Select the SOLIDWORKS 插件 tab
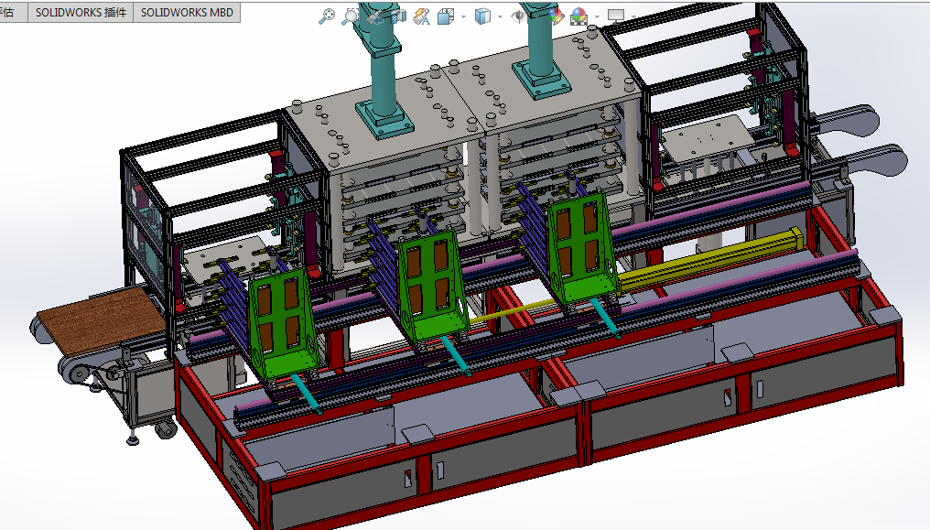tap(81, 13)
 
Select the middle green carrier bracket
tap(428, 284)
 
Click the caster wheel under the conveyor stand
tap(165, 427)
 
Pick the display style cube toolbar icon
tap(482, 16)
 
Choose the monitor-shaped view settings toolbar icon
tap(616, 16)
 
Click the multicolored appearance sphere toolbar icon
tap(579, 16)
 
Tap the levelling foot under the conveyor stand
tap(134, 439)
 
